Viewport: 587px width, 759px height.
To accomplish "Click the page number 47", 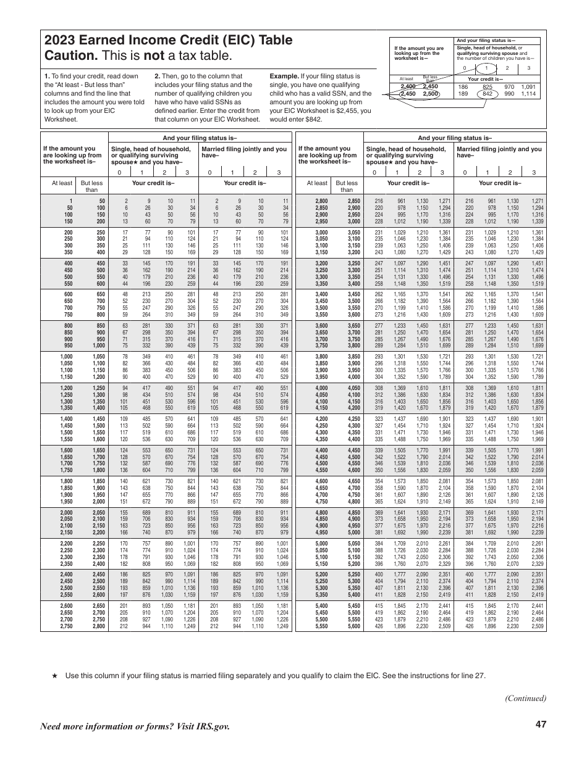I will pyautogui.click(x=541, y=724).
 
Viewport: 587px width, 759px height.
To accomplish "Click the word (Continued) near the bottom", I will pyautogui.click(x=525, y=699).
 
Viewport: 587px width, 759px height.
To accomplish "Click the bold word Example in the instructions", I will pyautogui.click(x=285, y=76).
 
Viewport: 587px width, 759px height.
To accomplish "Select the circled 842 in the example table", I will pyautogui.click(x=488, y=94).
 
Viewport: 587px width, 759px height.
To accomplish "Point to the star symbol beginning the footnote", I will pyautogui.click(x=54, y=676).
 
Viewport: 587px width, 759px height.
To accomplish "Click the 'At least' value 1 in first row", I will pyautogui.click(x=70, y=201).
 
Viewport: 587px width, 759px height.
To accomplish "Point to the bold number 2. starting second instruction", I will pyautogui.click(x=157, y=76).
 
